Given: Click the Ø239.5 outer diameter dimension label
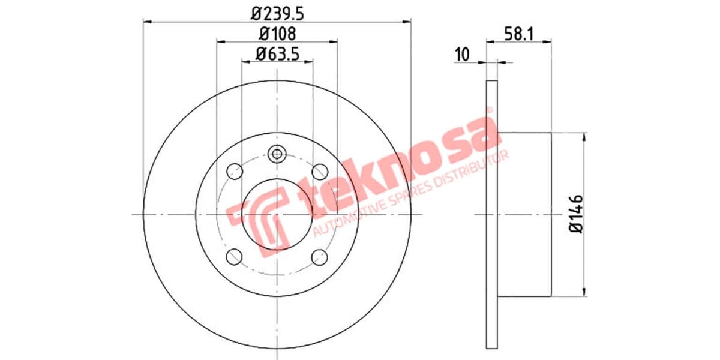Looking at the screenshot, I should [x=277, y=11].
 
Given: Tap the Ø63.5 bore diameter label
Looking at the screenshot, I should [x=277, y=53].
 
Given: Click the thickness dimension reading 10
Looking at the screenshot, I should [x=461, y=54].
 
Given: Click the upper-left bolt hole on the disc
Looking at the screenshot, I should [x=234, y=171].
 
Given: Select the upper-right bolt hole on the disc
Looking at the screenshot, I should [x=320, y=171].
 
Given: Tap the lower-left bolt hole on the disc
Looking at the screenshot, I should [x=234, y=257].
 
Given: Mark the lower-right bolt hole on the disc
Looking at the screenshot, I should [x=320, y=257].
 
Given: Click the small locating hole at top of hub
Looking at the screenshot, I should [x=277, y=154].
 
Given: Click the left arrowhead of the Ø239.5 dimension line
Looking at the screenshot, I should [x=146, y=21].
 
